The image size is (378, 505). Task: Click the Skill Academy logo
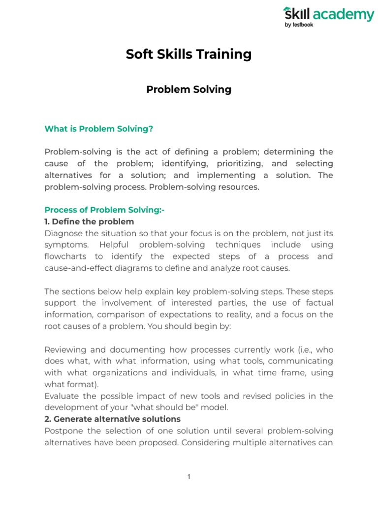328,15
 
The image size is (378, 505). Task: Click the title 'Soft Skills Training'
189,54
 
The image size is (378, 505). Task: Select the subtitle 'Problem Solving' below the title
189,89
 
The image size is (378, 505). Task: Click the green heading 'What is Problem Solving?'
99,129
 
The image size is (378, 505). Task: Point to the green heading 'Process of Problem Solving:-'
104,210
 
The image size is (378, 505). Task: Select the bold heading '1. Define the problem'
89,221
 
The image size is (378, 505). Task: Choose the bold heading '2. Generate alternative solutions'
113,419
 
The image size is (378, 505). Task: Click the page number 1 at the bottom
189,476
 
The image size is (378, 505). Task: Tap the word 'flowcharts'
65,256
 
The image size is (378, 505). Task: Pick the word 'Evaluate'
62,396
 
